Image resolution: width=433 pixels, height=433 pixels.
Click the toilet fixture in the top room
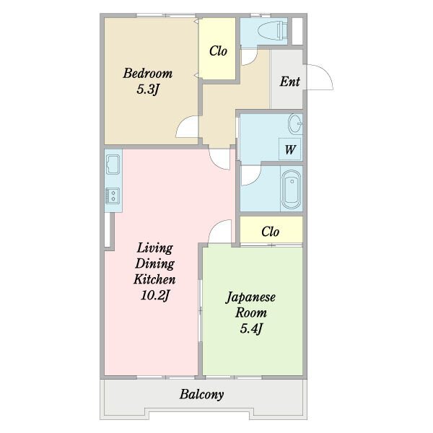coord(274,30)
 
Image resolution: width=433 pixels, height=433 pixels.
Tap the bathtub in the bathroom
coord(292,189)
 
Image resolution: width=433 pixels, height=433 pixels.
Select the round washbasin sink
coord(295,123)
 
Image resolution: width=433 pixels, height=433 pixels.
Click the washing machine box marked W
coord(289,149)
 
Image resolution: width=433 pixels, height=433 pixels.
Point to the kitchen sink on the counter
coord(113,164)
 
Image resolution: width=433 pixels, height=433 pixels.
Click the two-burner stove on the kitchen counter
coord(113,196)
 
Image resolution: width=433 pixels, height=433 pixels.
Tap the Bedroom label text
coord(148,74)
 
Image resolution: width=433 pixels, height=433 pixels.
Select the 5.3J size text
coord(148,89)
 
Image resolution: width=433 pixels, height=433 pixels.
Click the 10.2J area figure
coord(154,295)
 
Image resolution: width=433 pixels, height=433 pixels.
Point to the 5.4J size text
coord(251,328)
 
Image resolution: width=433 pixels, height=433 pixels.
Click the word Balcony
coord(201,394)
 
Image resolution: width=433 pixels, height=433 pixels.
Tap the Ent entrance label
coord(289,82)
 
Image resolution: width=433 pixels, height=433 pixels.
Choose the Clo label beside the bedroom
coord(218,51)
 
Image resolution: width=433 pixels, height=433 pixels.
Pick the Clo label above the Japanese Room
coord(271,232)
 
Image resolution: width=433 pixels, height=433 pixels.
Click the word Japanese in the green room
coord(250,297)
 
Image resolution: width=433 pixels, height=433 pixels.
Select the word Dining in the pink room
coord(154,263)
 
